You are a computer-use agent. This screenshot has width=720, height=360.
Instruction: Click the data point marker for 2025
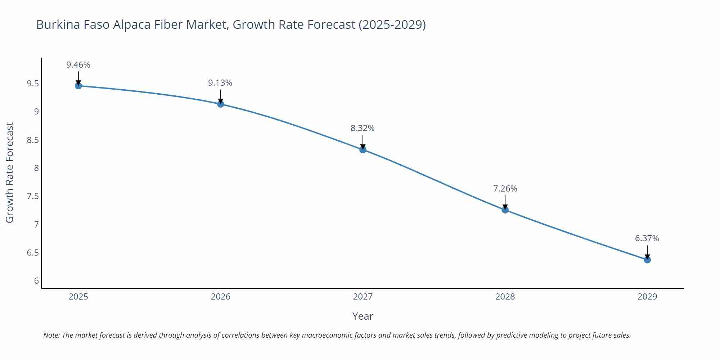[78, 86]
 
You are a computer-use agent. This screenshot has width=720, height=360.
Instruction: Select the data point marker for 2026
[221, 104]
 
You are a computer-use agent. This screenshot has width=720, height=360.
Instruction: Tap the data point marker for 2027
[363, 150]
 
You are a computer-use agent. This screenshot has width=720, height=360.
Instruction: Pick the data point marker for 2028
[505, 210]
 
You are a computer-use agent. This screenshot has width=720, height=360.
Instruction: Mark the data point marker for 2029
[647, 260]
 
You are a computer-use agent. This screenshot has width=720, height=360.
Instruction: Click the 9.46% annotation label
[78, 65]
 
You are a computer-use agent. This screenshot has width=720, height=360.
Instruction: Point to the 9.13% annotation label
[220, 83]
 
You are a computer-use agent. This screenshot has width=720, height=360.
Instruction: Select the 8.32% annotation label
[363, 128]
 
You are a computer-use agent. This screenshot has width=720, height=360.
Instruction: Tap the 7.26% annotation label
[505, 189]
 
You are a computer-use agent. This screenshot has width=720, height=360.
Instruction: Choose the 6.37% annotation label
[647, 238]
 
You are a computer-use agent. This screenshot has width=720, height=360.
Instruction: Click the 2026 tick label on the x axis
[221, 297]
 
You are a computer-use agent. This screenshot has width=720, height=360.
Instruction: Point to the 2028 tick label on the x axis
[505, 297]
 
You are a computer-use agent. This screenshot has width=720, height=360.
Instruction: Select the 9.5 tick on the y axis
[33, 84]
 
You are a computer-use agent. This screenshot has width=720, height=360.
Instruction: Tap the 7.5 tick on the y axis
[33, 196]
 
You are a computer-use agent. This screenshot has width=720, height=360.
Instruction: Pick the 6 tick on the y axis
[36, 281]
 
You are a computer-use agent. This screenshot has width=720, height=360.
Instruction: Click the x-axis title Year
[363, 316]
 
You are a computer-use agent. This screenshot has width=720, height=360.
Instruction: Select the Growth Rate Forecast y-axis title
[10, 173]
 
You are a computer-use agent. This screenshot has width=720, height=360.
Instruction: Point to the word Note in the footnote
[51, 335]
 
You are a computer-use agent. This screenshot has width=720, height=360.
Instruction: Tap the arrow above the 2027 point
[363, 143]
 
